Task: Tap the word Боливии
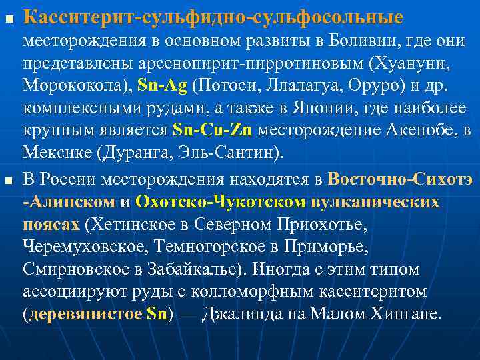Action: tap(363, 41)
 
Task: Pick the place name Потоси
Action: tap(225, 87)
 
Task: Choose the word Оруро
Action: tap(361, 87)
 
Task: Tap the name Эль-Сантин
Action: tap(231, 151)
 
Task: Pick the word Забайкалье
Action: tap(214, 269)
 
